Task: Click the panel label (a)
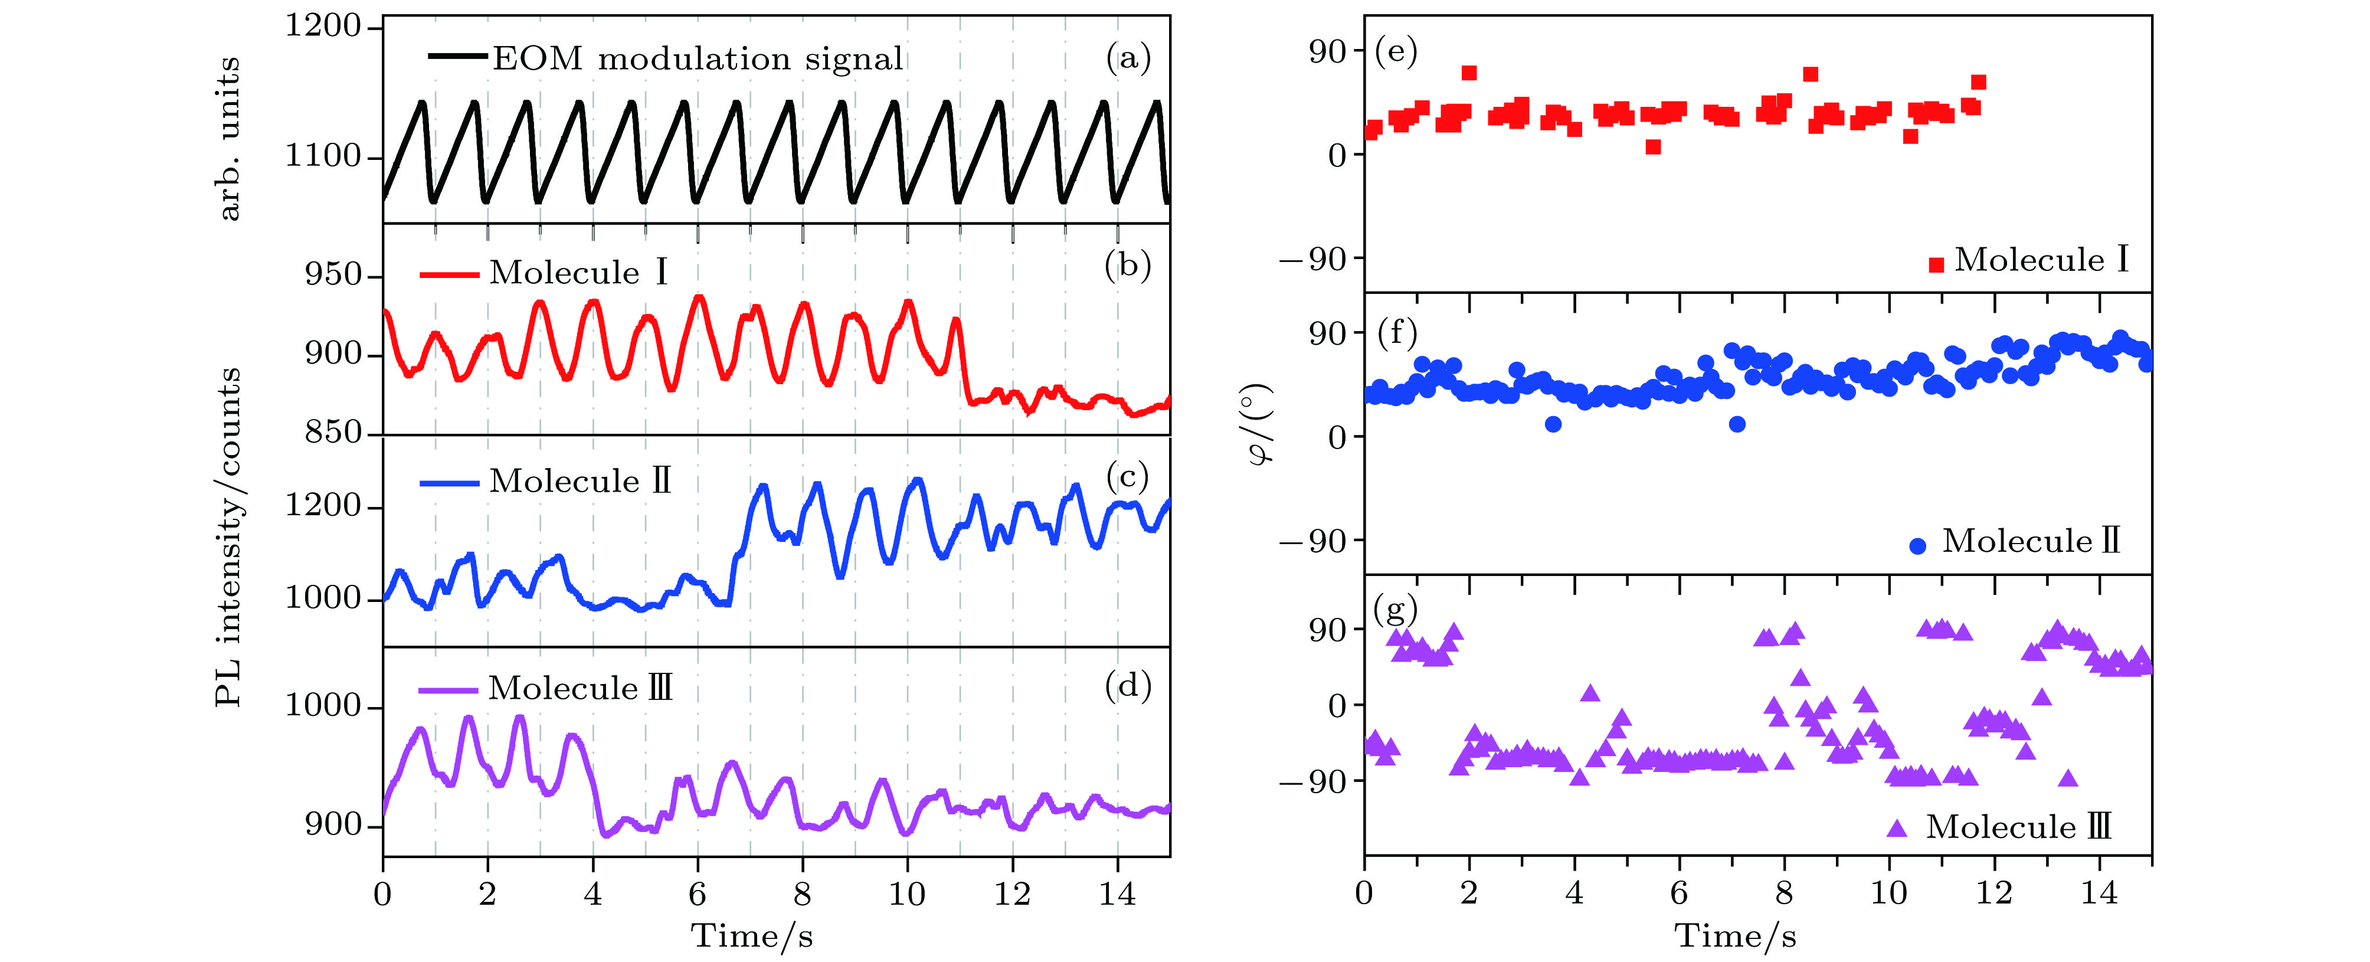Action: point(1128,59)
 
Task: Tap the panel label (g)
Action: point(1394,609)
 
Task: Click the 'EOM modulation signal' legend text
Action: point(698,59)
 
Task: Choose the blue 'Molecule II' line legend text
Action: point(580,481)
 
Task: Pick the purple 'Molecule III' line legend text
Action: point(580,688)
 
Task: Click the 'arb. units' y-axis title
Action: point(228,138)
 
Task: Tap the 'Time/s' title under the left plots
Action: point(752,936)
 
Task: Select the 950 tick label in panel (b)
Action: point(332,275)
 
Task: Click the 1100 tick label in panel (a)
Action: point(322,156)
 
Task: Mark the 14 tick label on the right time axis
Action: point(2099,893)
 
